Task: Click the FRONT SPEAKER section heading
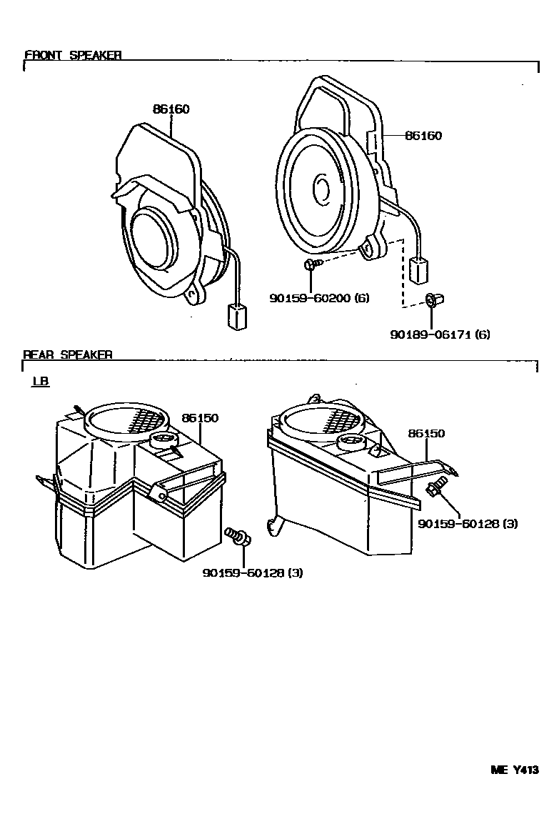point(73,55)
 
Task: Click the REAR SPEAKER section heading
point(68,354)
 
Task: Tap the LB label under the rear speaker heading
point(40,382)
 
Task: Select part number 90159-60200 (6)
point(319,298)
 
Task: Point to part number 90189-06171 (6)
point(440,334)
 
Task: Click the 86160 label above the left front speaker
point(171,109)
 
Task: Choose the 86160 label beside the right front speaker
point(423,136)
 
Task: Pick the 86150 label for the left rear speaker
point(200,418)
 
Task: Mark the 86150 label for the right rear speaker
point(426,434)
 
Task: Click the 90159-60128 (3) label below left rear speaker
point(253,572)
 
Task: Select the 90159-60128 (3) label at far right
point(468,523)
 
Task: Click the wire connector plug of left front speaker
point(236,317)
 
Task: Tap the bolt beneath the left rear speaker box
point(237,535)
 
